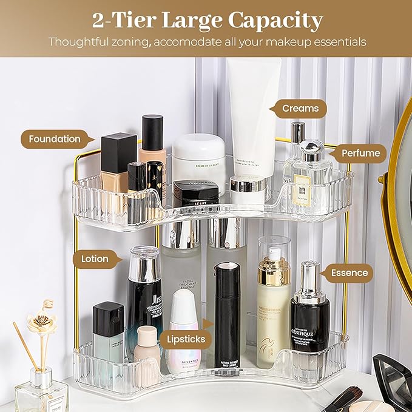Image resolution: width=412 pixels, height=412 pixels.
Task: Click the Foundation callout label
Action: pos(54,139)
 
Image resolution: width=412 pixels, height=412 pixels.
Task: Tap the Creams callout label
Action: pos(300,109)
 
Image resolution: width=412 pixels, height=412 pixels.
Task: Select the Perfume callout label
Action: pos(360,153)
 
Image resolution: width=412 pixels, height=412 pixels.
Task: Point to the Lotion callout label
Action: pos(95,259)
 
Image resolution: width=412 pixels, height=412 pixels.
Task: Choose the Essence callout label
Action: pos(349,273)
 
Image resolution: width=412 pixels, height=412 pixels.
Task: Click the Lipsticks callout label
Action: pos(185,339)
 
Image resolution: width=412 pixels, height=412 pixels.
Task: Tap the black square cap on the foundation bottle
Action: pos(118,152)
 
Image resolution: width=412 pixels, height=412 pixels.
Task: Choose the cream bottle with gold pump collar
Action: pos(273,309)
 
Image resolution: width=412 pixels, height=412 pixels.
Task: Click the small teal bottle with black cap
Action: pos(108,331)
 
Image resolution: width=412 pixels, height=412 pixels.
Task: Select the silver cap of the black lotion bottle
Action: pos(144,264)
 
